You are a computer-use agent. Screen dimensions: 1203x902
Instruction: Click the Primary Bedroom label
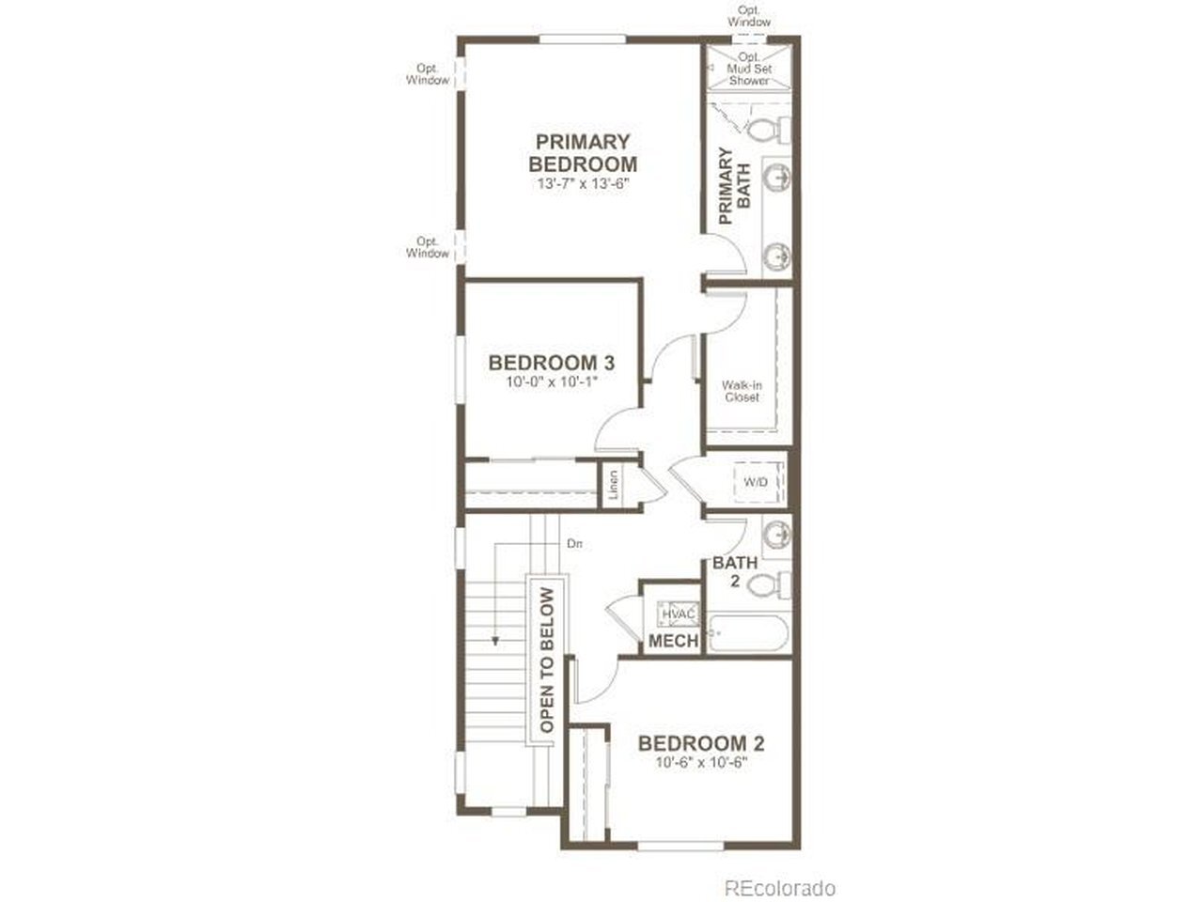pos(583,153)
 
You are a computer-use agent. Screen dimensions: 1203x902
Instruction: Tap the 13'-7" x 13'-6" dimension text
pos(583,183)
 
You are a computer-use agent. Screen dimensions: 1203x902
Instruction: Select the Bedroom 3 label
pos(552,363)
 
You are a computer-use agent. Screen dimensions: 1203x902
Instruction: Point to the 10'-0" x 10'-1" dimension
pos(552,381)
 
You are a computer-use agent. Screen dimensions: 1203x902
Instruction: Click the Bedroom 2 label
pos(701,743)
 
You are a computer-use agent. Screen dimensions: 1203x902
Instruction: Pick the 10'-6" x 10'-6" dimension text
pos(701,762)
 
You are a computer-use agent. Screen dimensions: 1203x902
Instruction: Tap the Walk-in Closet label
pos(742,391)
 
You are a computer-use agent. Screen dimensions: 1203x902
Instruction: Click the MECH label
pos(674,641)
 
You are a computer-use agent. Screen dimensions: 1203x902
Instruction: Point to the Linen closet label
pos(614,485)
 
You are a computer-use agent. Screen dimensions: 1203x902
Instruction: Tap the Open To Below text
pos(547,661)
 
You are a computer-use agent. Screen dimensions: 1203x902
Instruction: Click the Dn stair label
pos(574,544)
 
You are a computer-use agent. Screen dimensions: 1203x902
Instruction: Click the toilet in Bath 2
pos(769,586)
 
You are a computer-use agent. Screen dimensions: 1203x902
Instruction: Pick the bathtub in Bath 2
pos(749,634)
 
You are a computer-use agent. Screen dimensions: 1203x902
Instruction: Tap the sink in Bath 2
pos(776,534)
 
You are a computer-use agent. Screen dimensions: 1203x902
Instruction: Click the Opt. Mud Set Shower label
pos(749,69)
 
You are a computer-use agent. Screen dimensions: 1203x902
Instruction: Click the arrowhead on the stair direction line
pos(495,640)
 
